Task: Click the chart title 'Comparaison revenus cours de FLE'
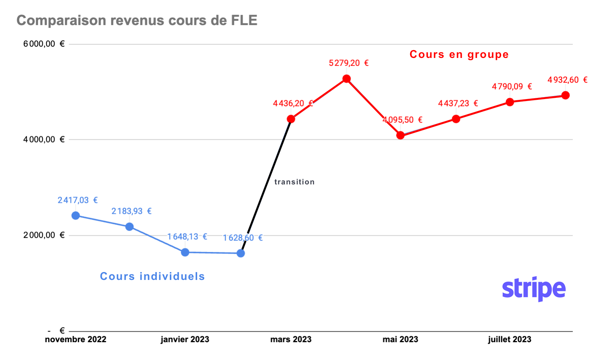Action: click(137, 20)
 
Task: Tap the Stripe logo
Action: click(534, 289)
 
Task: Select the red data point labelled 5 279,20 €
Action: click(346, 79)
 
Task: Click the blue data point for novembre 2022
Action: click(76, 216)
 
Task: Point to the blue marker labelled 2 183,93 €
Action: click(130, 227)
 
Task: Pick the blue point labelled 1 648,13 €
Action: click(185, 253)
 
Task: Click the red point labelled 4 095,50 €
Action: click(400, 135)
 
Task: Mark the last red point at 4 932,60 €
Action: click(565, 95)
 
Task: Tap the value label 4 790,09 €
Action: click(512, 87)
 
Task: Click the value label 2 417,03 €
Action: click(77, 200)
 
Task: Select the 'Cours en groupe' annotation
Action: click(459, 54)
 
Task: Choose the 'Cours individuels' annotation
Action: click(152, 276)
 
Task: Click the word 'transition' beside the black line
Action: click(294, 182)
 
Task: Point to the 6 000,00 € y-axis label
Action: click(44, 44)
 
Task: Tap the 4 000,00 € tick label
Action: click(44, 139)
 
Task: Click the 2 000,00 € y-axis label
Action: click(44, 235)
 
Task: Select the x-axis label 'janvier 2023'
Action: click(185, 339)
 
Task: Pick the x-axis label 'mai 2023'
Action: click(400, 339)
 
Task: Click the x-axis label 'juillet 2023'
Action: click(509, 339)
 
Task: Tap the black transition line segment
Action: click(266, 186)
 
